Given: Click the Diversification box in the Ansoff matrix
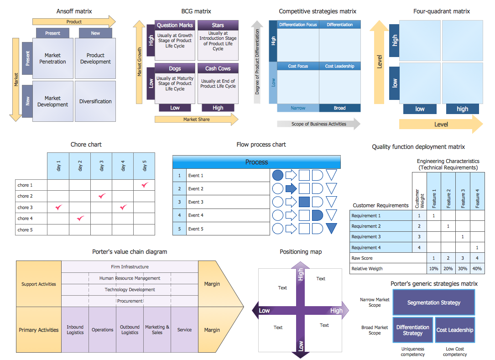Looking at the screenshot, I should pos(95,101).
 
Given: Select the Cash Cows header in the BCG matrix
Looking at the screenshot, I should pos(218,68).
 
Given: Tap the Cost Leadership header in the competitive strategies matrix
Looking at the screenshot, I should pos(339,66).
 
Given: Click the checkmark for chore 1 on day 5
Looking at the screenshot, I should pos(145,185).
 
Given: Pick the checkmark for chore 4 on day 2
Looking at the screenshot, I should pos(80,219).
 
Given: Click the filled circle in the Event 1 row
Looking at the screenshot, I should pos(277,175).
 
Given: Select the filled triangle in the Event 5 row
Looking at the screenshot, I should pos(331,228).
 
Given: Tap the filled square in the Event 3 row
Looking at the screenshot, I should pos(304,202).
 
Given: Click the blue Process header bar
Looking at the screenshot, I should pos(256,162).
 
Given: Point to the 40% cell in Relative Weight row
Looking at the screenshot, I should pos(477,268).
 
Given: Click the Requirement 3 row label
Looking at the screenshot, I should pos(366,237).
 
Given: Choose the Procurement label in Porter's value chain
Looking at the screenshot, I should pos(130,301).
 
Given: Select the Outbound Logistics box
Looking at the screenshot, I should pos(130,329).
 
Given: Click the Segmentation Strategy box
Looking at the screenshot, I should pos(433,303).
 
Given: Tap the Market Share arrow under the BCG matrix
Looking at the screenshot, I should pos(196,120).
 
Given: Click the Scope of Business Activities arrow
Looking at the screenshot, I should pos(318,124).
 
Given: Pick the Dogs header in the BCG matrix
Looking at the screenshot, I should pos(175,68).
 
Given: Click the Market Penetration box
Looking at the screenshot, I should pos(52,58).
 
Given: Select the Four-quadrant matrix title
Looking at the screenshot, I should pos(441,11).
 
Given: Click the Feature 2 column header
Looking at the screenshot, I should pos(448,196).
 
